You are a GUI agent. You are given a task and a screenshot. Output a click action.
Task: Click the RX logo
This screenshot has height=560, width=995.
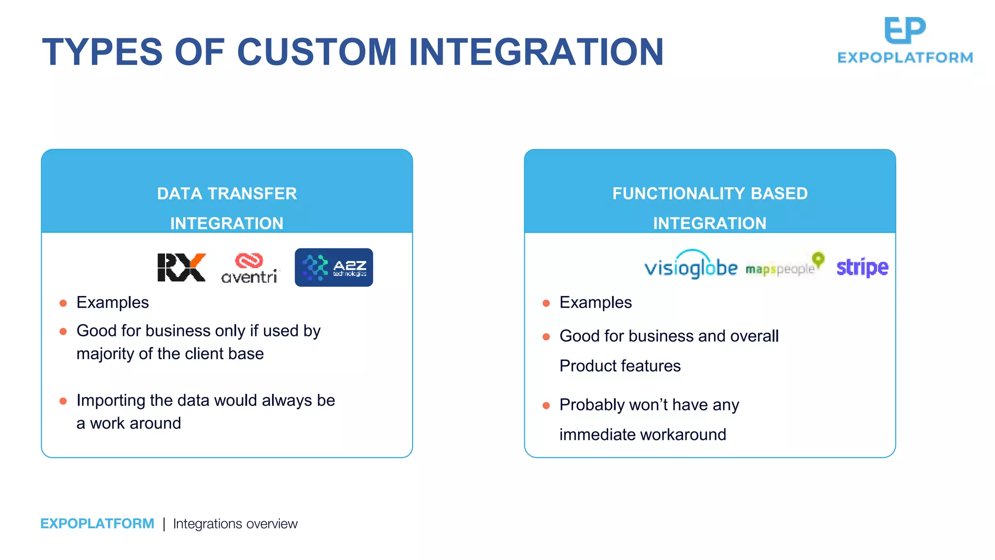[x=181, y=267]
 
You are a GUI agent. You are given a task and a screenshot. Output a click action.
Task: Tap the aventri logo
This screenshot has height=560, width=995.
[x=250, y=268]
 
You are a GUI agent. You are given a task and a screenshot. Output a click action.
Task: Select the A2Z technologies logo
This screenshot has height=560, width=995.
[x=334, y=267]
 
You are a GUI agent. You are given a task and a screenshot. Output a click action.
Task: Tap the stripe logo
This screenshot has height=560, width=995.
[x=862, y=267]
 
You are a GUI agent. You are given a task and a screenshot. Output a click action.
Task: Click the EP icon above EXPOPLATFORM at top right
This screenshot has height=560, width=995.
[x=905, y=30]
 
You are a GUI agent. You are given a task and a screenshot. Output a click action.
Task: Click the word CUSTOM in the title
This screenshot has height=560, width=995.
[x=317, y=52]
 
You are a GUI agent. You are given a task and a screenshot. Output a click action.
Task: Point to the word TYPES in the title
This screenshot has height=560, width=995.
[x=102, y=52]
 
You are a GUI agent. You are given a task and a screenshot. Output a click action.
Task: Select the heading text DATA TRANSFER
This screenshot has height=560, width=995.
[x=226, y=193]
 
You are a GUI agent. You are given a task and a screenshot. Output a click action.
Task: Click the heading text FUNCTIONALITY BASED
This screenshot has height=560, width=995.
[x=709, y=193]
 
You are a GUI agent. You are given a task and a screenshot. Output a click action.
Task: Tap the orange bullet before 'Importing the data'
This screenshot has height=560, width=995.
[x=63, y=401]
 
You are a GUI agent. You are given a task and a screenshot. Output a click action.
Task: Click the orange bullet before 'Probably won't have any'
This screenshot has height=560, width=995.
[x=546, y=405]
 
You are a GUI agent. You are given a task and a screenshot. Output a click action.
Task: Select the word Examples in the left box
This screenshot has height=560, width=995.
[x=112, y=302]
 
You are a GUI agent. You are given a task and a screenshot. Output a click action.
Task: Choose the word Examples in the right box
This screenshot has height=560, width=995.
[x=595, y=302]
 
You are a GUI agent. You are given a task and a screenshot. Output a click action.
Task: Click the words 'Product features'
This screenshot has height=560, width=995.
[x=620, y=366]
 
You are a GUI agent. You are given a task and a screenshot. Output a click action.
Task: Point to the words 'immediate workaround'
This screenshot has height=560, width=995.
[x=642, y=434]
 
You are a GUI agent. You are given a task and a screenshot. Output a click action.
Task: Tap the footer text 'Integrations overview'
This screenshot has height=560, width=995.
[x=235, y=524]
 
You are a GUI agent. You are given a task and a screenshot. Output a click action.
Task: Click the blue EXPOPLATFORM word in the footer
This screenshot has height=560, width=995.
[x=97, y=524]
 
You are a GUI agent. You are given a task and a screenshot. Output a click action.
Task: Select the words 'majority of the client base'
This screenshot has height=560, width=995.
[x=170, y=353]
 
